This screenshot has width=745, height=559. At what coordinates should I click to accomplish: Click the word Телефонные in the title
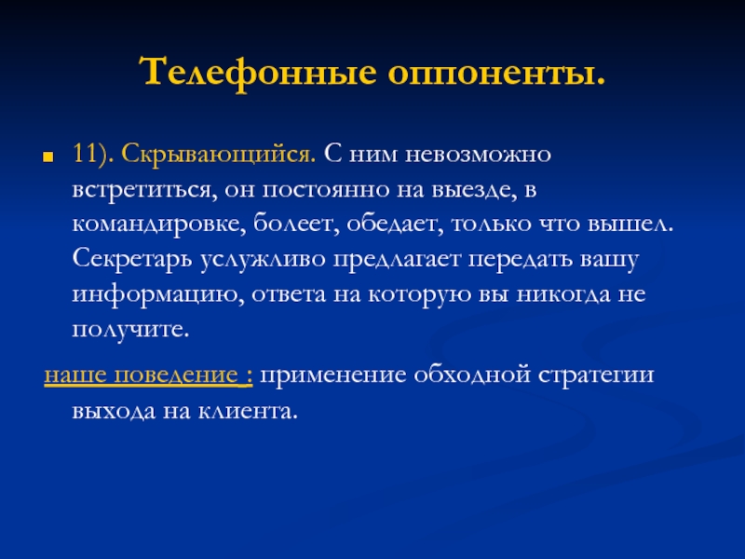point(258,73)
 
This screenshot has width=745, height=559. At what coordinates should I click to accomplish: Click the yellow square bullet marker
point(47,157)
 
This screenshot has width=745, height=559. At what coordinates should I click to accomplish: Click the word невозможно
point(478,155)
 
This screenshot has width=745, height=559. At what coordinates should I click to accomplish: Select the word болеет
point(296,224)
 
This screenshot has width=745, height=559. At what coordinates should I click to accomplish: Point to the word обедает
point(395,224)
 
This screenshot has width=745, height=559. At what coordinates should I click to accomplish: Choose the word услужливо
point(263,260)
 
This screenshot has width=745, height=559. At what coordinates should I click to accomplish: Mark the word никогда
point(563,294)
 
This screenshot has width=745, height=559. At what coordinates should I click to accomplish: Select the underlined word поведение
point(176,375)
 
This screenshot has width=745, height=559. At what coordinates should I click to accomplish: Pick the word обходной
point(472,375)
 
